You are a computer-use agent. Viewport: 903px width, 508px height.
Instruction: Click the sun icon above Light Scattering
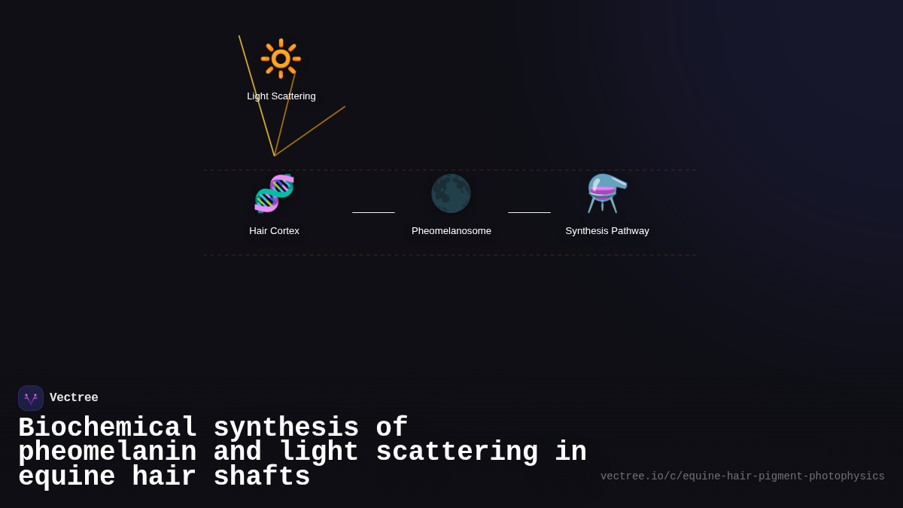click(281, 59)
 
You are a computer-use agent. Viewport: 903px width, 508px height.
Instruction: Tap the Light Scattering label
click(281, 96)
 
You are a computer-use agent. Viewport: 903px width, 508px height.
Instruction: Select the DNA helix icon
click(274, 193)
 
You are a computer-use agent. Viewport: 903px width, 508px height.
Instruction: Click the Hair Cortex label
click(274, 231)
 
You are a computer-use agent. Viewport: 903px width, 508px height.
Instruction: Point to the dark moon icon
click(451, 193)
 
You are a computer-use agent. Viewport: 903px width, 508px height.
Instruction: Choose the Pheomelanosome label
click(451, 231)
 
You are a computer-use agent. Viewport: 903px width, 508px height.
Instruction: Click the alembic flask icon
click(607, 193)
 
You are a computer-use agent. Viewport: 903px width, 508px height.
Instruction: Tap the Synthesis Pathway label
click(607, 231)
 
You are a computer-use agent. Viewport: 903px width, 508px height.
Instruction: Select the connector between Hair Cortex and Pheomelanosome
click(373, 212)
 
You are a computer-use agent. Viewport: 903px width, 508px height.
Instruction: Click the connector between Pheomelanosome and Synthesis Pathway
click(529, 212)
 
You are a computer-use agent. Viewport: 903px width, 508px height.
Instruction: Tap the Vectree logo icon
click(31, 398)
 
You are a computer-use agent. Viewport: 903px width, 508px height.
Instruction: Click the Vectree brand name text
click(74, 398)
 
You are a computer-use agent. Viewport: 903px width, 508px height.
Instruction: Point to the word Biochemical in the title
click(108, 427)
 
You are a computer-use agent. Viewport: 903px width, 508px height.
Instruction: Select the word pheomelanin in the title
click(107, 452)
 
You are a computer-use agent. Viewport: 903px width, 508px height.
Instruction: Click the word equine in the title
click(66, 477)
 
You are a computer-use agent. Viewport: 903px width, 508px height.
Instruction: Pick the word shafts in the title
click(262, 477)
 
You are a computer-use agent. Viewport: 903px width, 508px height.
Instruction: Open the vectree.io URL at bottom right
click(742, 476)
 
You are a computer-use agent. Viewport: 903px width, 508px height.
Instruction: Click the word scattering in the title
click(457, 452)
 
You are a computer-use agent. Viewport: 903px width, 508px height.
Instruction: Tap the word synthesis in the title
click(286, 427)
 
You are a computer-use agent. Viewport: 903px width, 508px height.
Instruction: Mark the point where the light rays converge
click(275, 156)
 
